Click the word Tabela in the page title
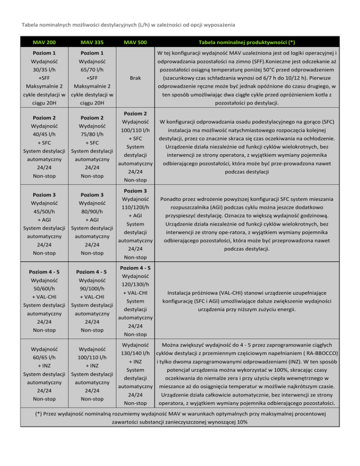tap(25, 24)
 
